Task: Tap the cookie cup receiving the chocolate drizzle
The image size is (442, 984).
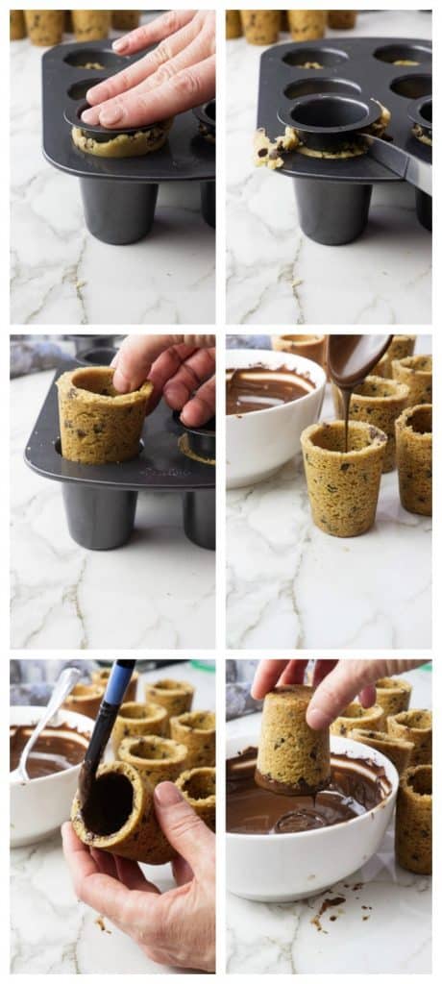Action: pyautogui.click(x=343, y=480)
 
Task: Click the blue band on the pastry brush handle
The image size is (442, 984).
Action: pyautogui.click(x=118, y=683)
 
